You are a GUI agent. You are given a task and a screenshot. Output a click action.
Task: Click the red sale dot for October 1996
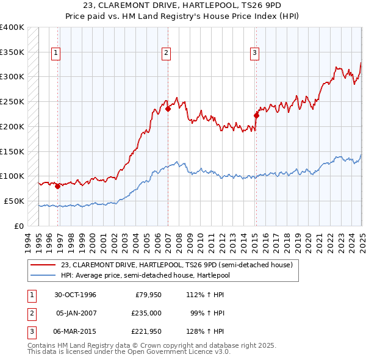coord(57,187)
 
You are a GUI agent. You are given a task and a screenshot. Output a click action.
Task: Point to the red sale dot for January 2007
coord(168,109)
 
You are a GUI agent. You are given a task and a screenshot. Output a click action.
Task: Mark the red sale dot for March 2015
coord(256,115)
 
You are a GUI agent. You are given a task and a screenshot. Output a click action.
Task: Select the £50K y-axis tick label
coord(15,201)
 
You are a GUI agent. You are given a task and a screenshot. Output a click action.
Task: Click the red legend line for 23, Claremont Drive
coord(43,265)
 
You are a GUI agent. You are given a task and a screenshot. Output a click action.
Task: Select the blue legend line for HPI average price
coord(43,275)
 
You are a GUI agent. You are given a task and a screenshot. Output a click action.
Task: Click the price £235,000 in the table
coord(147,313)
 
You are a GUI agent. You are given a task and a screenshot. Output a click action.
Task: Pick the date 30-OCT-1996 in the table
coord(76,295)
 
